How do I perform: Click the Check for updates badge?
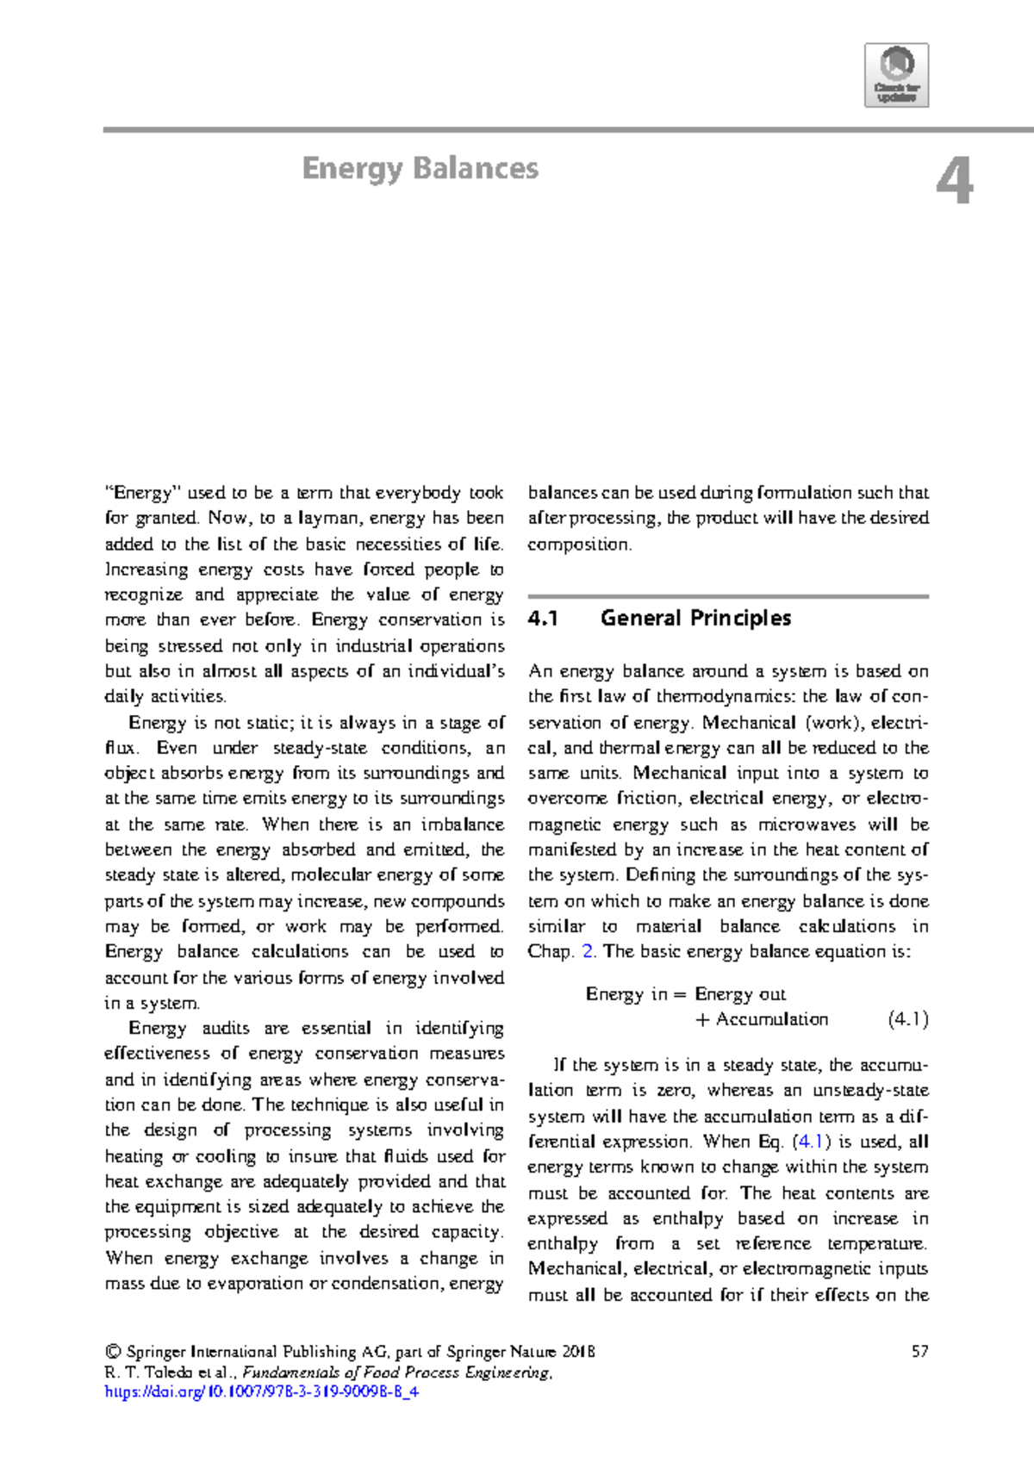896,75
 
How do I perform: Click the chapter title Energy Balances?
420,168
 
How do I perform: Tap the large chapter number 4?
955,182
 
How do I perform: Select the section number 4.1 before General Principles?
544,619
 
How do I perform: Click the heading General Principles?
695,619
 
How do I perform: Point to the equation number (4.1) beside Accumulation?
907,1019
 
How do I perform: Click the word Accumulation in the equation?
772,1019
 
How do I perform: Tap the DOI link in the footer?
261,1391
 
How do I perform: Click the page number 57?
919,1351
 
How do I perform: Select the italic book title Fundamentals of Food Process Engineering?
396,1372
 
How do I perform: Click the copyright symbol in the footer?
111,1352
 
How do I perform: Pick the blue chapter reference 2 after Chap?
588,952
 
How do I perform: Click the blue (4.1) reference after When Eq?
810,1142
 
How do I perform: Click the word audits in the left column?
226,1028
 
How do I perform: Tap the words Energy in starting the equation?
626,994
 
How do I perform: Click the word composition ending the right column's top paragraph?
579,545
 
